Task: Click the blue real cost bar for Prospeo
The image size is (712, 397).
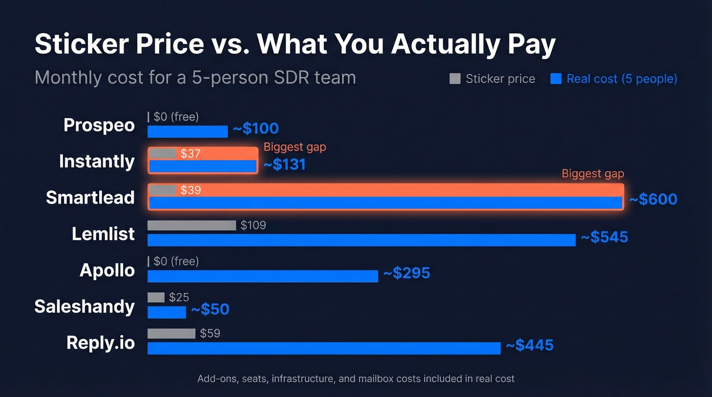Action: tap(187, 132)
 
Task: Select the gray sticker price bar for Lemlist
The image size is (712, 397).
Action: tap(191, 225)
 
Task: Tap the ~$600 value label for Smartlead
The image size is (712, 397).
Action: tap(653, 199)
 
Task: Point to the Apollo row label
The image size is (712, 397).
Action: tap(107, 270)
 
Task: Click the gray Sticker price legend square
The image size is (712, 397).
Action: tap(455, 79)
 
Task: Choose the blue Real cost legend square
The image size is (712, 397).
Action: tap(556, 79)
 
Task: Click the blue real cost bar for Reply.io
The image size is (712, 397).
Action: tap(323, 348)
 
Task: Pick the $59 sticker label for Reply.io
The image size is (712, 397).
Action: tap(210, 333)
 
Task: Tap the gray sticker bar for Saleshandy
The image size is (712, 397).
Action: tap(156, 297)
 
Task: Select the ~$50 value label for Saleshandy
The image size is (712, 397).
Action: tap(210, 310)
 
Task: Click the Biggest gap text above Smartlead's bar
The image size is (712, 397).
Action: tap(592, 174)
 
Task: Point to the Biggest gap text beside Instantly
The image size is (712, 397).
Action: tap(294, 147)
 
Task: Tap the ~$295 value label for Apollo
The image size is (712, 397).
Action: tap(406, 273)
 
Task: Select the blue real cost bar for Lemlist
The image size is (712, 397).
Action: tap(361, 240)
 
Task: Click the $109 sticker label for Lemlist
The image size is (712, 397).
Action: tap(253, 225)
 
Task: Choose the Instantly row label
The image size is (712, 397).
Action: tap(97, 161)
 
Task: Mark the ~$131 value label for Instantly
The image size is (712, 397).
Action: tap(284, 165)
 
